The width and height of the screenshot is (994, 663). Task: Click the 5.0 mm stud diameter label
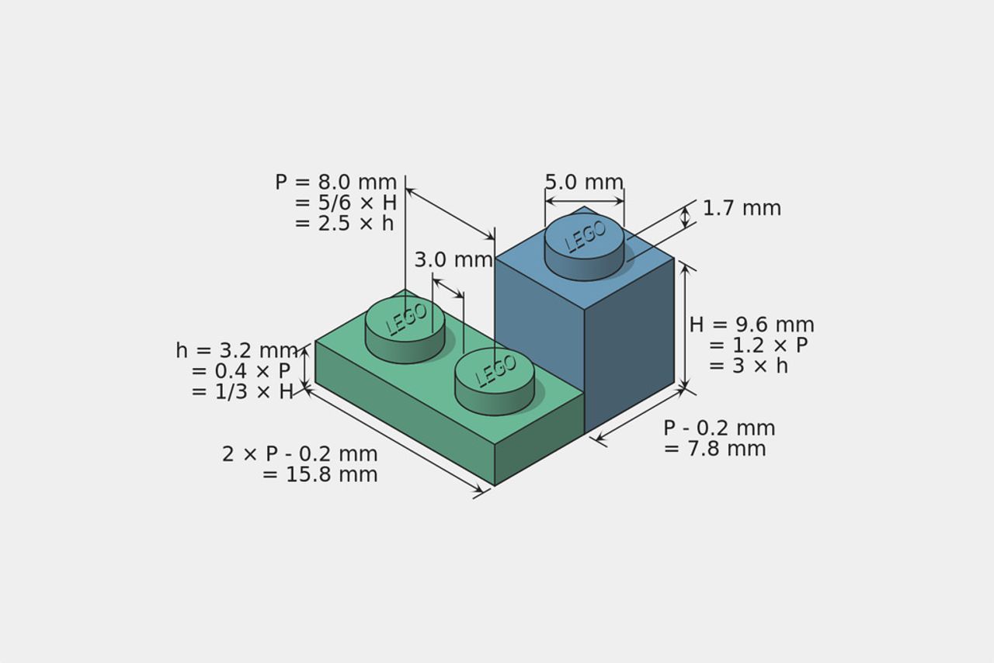point(584,182)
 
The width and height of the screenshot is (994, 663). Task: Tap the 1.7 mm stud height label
point(742,209)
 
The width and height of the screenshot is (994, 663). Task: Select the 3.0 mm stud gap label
point(454,259)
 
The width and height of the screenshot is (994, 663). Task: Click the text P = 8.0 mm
point(336,182)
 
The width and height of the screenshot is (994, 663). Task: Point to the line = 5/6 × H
point(346,203)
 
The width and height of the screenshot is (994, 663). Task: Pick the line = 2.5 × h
point(344,224)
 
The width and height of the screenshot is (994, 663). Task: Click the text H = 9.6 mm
point(752,325)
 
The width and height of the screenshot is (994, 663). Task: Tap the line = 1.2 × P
point(758,345)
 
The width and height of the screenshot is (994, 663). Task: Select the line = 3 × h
point(748,366)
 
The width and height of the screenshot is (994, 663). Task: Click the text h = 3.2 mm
point(237,351)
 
